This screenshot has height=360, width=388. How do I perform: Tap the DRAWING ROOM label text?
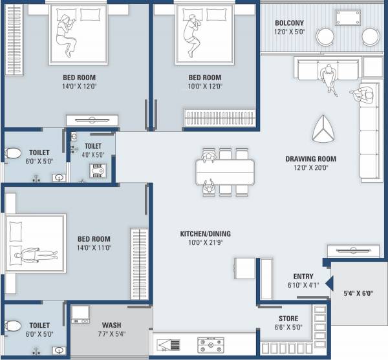click(307, 158)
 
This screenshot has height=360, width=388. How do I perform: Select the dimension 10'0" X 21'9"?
click(206, 243)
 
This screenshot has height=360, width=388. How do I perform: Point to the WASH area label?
click(112, 325)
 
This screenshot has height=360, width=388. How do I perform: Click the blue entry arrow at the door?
click(329, 282)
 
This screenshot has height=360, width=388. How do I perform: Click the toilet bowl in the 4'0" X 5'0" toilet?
click(98, 169)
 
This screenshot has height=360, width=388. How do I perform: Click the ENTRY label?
click(303, 277)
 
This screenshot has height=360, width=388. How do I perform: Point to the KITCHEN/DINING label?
click(206, 234)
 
